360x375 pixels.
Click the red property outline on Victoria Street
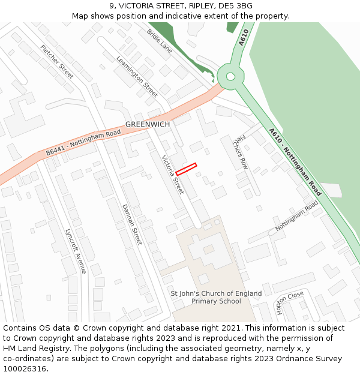(x=186, y=169)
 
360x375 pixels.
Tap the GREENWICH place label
(x=148, y=124)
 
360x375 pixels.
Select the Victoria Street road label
(x=173, y=174)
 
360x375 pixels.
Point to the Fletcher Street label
(x=57, y=61)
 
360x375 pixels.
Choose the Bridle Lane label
(x=160, y=41)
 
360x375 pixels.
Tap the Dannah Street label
(x=132, y=224)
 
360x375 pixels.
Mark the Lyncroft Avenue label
(x=76, y=251)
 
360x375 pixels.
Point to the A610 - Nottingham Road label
(x=295, y=161)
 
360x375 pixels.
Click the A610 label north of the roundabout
(x=243, y=38)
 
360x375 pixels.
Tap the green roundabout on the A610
(x=229, y=76)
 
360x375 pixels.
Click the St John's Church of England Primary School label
(x=216, y=297)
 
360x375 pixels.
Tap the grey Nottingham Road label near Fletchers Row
(x=296, y=217)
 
